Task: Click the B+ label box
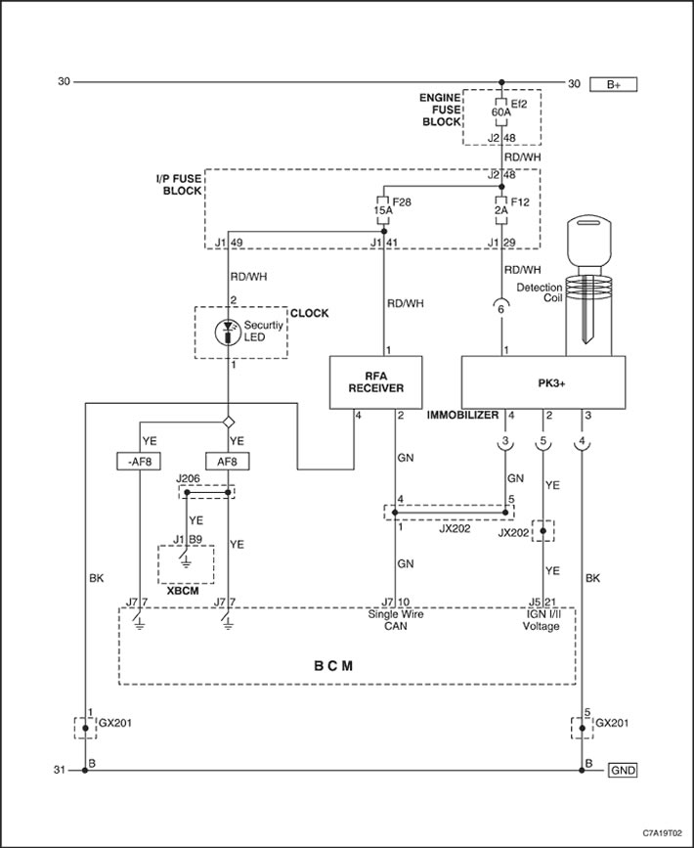click(613, 84)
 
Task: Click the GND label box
click(623, 770)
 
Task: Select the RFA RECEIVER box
click(376, 381)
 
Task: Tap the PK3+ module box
click(543, 381)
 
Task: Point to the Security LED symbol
click(228, 333)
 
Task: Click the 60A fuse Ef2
click(501, 112)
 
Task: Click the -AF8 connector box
click(139, 462)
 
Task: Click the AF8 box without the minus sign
click(228, 462)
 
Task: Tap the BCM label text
click(333, 666)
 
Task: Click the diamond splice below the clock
click(228, 422)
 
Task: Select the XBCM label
click(183, 591)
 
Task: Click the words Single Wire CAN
click(396, 620)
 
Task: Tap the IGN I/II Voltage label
click(542, 620)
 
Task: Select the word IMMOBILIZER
click(462, 416)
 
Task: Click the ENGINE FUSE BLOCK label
click(441, 110)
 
